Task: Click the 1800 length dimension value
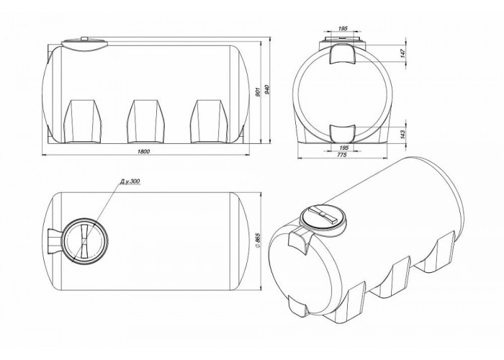pyautogui.click(x=144, y=152)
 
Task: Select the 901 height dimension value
pyautogui.click(x=256, y=91)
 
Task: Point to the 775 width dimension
pyautogui.click(x=342, y=155)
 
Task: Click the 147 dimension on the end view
pyautogui.click(x=403, y=53)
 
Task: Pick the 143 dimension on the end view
pyautogui.click(x=403, y=134)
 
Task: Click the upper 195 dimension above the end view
pyautogui.click(x=343, y=29)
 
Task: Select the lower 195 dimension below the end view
pyautogui.click(x=343, y=148)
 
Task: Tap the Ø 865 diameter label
pyautogui.click(x=257, y=240)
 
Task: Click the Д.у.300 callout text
pyautogui.click(x=130, y=181)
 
